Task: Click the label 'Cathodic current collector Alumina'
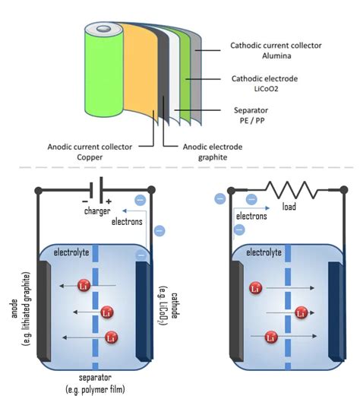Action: tap(276, 51)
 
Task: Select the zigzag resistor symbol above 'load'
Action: tap(284, 190)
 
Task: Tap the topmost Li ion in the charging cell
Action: tap(84, 286)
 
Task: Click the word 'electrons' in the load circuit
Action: tap(252, 216)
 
